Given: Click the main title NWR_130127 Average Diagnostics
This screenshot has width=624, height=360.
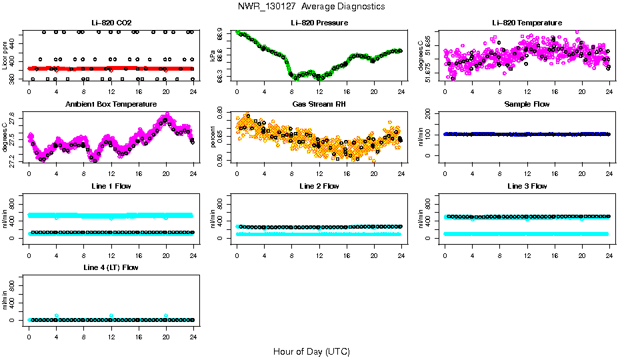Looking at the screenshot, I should (311, 7).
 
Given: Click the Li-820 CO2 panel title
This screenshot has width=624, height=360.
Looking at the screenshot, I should (111, 23).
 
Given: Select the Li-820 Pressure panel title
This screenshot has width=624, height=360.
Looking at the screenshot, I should (319, 23).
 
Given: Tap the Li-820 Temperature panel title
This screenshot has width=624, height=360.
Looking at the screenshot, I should (527, 23).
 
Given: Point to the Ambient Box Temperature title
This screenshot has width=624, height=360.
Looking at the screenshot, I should (111, 105).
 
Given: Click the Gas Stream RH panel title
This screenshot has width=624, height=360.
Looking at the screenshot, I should (319, 105).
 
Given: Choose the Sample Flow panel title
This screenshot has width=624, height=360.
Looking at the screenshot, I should (527, 105).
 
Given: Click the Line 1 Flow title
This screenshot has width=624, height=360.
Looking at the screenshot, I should (111, 186).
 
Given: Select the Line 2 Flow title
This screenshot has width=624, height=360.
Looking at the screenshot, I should (319, 186).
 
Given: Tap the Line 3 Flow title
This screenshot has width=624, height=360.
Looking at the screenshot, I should (527, 186).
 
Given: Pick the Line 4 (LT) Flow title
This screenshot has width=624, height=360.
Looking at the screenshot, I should (111, 268).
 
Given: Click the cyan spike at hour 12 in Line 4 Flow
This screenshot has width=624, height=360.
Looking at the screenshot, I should (111, 315).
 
